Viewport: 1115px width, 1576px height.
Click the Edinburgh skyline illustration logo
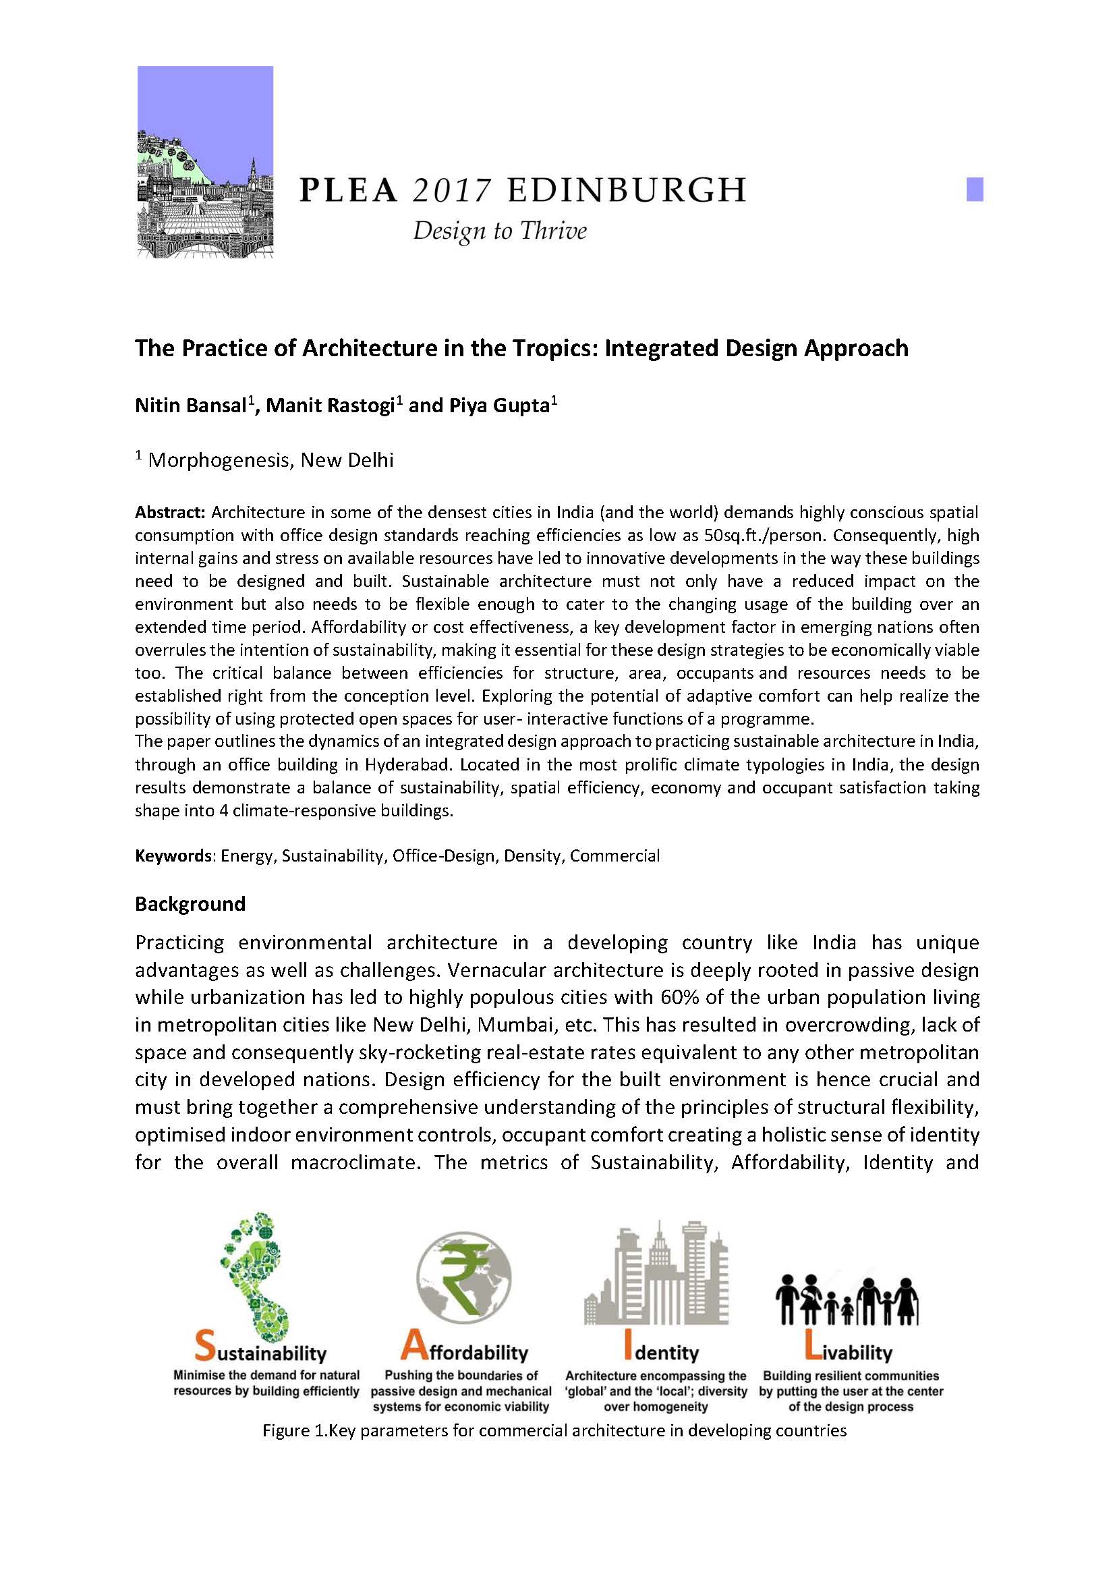pyautogui.click(x=205, y=162)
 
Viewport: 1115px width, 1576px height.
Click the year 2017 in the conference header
pyautogui.click(x=452, y=190)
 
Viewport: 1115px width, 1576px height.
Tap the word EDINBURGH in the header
pyautogui.click(x=626, y=190)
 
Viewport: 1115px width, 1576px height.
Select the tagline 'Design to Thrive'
pyautogui.click(x=499, y=231)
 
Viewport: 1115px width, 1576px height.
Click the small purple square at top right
pyautogui.click(x=974, y=190)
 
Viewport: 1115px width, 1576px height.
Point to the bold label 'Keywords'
pyautogui.click(x=173, y=855)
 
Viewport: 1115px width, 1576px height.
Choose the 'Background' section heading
pyautogui.click(x=190, y=904)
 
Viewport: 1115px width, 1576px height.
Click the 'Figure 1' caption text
pyautogui.click(x=554, y=1431)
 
